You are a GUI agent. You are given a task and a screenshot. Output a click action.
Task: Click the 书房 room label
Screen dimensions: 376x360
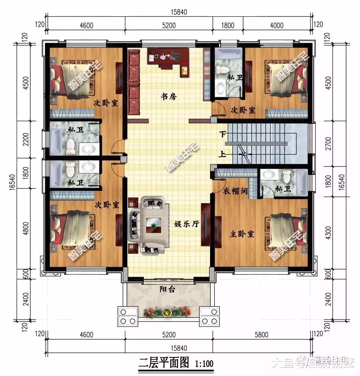click(x=169, y=97)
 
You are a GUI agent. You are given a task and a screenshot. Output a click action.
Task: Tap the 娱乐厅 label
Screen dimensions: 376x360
click(x=186, y=224)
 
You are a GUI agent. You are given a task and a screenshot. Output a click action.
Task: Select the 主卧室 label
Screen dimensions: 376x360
click(x=242, y=234)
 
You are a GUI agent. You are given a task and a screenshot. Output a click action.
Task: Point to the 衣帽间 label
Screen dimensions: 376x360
click(x=235, y=192)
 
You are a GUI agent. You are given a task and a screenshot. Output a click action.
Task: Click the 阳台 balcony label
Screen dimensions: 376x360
click(x=167, y=290)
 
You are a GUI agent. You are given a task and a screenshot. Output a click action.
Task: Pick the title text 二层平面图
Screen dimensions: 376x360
click(x=164, y=364)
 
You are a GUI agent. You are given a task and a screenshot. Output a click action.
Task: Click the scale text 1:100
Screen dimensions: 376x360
click(x=204, y=364)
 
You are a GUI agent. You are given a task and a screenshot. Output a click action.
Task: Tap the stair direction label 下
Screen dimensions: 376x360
click(x=222, y=134)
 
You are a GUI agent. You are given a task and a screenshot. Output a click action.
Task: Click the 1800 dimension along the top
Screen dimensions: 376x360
click(x=227, y=26)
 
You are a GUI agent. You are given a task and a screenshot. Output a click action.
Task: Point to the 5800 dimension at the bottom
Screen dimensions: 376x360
click(x=261, y=335)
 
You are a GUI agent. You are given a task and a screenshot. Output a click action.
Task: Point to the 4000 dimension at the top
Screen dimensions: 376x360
click(x=277, y=26)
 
